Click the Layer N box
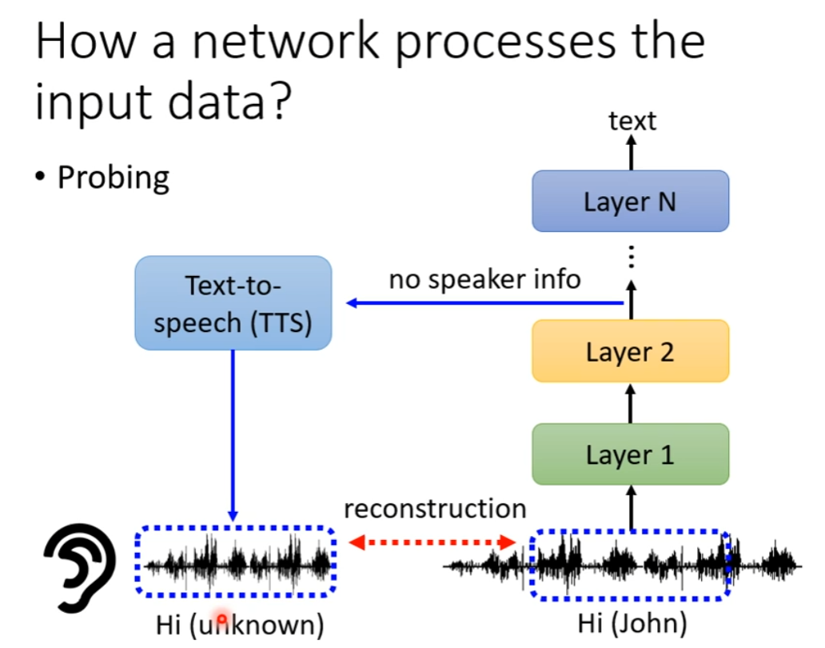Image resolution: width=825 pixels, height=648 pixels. pos(630,201)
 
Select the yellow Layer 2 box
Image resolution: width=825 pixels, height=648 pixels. pos(630,351)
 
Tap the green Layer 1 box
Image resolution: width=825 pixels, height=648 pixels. pos(630,454)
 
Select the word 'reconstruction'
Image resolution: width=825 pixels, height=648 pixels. pos(435,509)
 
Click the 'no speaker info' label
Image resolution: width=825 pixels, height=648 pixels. pos(484,279)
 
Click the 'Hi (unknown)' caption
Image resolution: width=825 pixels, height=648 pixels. pos(240,624)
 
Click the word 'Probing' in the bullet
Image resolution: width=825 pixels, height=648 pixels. pos(113,177)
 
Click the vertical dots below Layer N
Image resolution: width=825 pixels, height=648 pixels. pos(631,258)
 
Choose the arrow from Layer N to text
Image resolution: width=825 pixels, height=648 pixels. pos(631,152)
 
